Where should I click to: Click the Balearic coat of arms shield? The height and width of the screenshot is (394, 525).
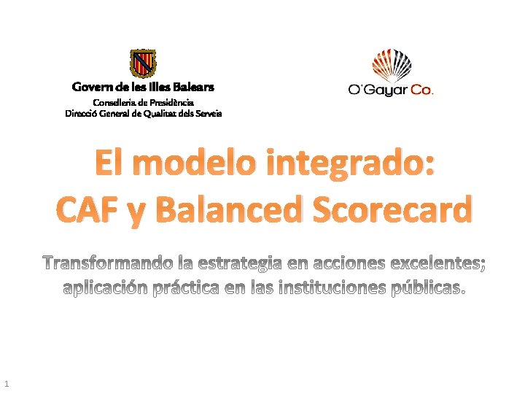point(143,63)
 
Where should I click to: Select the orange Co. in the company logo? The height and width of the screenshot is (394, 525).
point(421,90)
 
